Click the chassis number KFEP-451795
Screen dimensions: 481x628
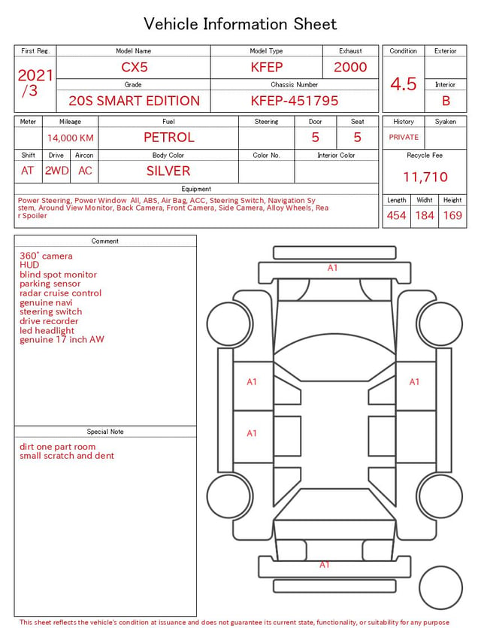point(295,101)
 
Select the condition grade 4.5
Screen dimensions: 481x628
point(404,83)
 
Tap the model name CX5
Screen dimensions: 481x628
point(135,67)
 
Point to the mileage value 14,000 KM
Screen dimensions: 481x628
point(71,138)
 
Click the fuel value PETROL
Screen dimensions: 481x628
point(169,138)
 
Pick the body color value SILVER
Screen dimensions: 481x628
point(168,171)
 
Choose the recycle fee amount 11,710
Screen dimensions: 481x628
point(425,177)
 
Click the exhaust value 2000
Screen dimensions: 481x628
point(350,67)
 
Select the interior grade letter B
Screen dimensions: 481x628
point(446,101)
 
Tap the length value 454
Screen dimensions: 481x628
point(396,215)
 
